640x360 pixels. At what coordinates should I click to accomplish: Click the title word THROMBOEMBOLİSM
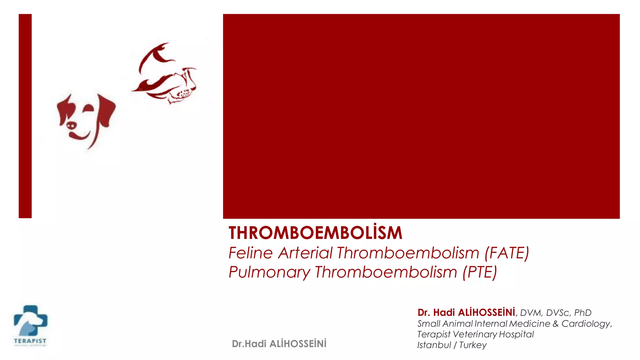(x=315, y=233)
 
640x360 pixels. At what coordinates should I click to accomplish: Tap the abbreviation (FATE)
(x=507, y=253)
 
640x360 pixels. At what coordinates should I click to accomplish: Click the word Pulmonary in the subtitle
(x=269, y=272)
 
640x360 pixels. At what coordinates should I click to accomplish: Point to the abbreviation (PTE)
(x=480, y=272)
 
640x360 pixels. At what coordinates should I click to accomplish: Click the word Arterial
(x=305, y=253)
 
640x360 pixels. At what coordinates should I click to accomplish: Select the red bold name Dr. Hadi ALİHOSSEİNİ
(x=466, y=312)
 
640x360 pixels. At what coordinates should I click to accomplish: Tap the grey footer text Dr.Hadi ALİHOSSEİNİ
(x=279, y=344)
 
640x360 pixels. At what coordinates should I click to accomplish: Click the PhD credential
(x=583, y=313)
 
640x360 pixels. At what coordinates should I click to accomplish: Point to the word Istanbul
(x=434, y=345)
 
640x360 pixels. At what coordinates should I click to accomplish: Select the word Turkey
(x=473, y=345)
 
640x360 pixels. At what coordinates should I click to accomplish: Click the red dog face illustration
(x=86, y=120)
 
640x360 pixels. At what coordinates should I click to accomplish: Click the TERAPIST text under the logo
(x=30, y=341)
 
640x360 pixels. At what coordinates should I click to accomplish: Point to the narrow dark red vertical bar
(x=25, y=116)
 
